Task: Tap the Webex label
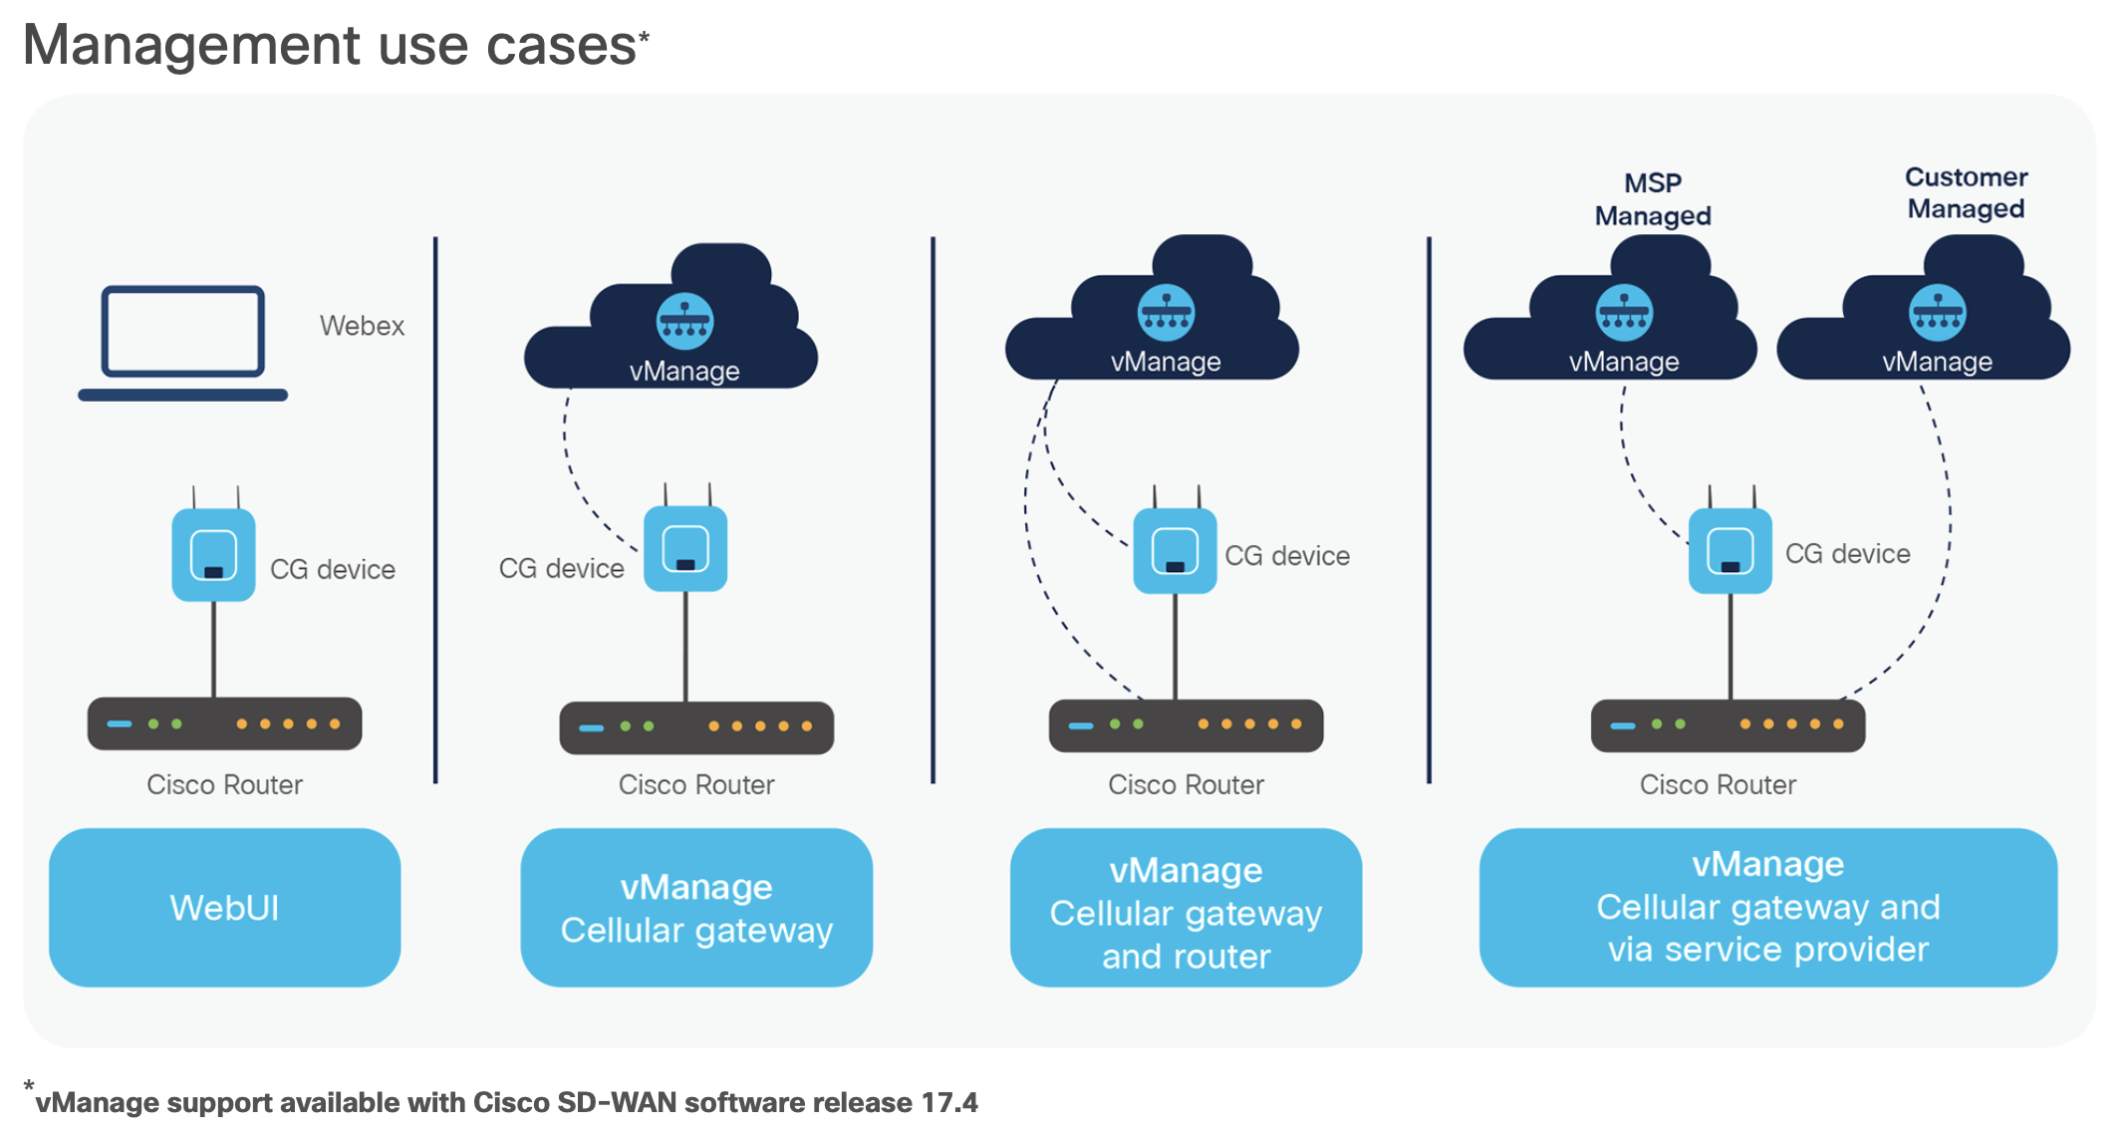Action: pyautogui.click(x=362, y=326)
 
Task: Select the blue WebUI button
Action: pyautogui.click(x=225, y=908)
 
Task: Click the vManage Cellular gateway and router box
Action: pyautogui.click(x=1186, y=908)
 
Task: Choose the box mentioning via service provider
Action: pyautogui.click(x=1767, y=908)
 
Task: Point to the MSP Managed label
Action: pyautogui.click(x=1653, y=199)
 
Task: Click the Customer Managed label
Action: pyautogui.click(x=1966, y=192)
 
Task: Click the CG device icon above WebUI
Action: pyautogui.click(x=213, y=554)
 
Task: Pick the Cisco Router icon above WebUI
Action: pyautogui.click(x=225, y=723)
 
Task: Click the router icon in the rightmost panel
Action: pyautogui.click(x=1727, y=725)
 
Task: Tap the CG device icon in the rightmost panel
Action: pyautogui.click(x=1729, y=550)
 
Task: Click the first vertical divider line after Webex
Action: pyautogui.click(x=435, y=508)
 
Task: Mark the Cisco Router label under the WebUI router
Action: pyautogui.click(x=225, y=785)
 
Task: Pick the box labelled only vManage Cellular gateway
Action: pyautogui.click(x=696, y=908)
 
